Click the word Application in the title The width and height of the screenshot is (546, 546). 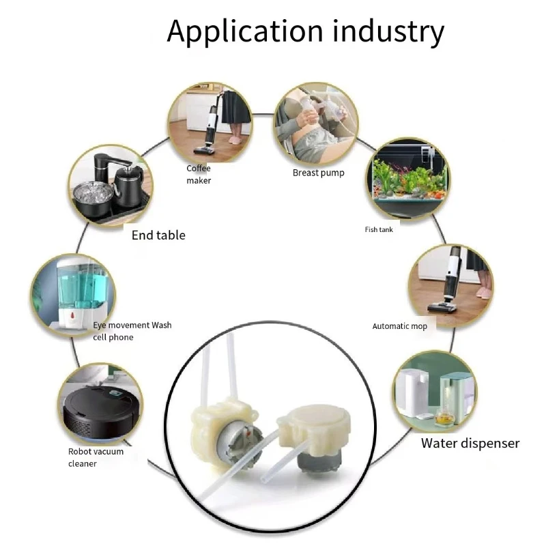point(244,31)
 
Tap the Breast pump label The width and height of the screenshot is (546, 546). point(318,173)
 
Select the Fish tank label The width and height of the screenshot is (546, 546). point(379,229)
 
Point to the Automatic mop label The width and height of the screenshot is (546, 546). point(399,326)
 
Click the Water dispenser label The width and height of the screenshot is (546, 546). point(470,444)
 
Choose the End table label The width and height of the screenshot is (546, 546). point(158,235)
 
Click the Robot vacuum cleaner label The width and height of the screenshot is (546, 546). point(96,457)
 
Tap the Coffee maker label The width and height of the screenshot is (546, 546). point(199,175)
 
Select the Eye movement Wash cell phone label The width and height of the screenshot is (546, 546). point(132,331)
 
